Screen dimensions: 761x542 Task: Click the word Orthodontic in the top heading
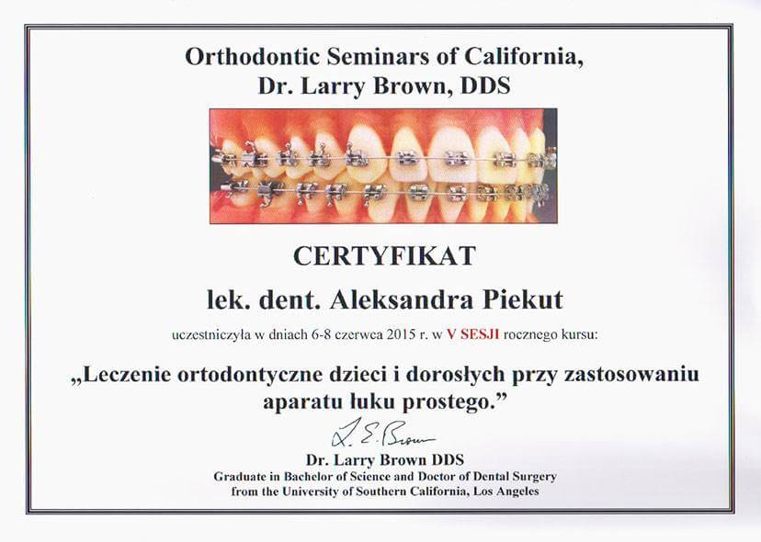click(253, 56)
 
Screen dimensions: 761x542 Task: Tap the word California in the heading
click(524, 57)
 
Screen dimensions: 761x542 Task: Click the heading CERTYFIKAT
click(384, 256)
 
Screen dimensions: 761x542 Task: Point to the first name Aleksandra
click(401, 299)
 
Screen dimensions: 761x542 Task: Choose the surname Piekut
click(523, 299)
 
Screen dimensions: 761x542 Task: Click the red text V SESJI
click(472, 334)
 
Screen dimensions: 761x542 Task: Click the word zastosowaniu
click(632, 375)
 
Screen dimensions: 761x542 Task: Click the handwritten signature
click(382, 434)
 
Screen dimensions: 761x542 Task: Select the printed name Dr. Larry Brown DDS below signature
click(385, 459)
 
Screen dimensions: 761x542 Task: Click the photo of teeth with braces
click(383, 166)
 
